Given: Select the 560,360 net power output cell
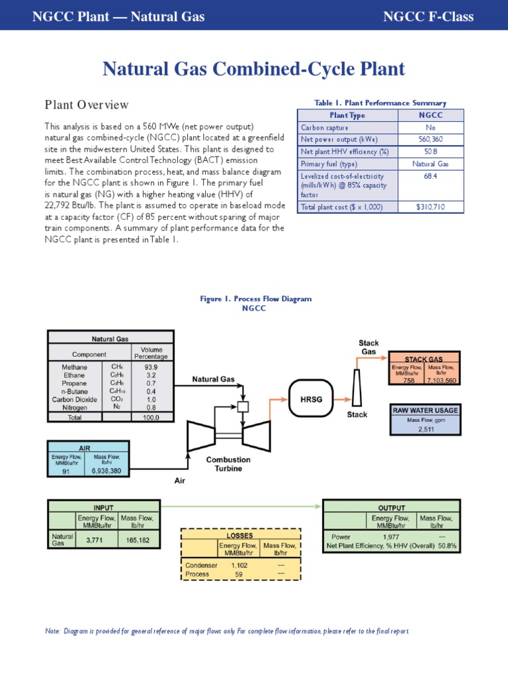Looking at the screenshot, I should click(431, 140).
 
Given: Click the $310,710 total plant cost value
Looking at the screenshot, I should click(431, 207).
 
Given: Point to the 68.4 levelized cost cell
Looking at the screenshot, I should click(431, 177).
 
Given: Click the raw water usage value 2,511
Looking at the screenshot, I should click(425, 428).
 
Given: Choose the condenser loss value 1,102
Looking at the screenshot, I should click(239, 565).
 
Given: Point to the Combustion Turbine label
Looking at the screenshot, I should click(228, 463).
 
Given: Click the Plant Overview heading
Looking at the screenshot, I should click(87, 105).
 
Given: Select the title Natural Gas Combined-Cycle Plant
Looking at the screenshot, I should click(254, 70).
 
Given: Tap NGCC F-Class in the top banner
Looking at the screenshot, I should click(428, 17).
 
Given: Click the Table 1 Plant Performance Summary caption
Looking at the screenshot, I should click(380, 103).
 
